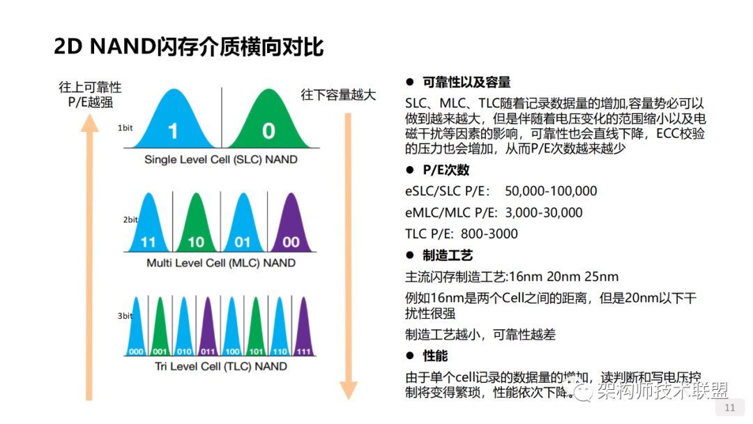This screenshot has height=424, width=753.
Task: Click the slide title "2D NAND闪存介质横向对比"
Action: [x=189, y=47]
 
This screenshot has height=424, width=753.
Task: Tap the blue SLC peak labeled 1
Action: [x=173, y=126]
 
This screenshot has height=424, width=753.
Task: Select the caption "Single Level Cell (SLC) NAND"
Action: [x=220, y=160]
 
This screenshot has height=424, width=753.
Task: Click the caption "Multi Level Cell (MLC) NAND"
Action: [x=220, y=263]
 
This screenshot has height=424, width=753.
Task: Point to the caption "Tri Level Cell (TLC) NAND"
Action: [x=220, y=366]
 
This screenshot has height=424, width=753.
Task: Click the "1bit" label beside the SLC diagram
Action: [x=125, y=128]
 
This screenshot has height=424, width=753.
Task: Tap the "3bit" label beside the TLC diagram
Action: [x=125, y=316]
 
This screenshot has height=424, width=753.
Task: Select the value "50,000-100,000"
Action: [x=551, y=191]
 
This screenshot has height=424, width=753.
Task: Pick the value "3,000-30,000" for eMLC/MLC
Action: [x=544, y=213]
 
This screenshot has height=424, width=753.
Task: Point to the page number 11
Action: [x=731, y=408]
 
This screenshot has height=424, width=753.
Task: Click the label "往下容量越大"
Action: [x=338, y=94]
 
